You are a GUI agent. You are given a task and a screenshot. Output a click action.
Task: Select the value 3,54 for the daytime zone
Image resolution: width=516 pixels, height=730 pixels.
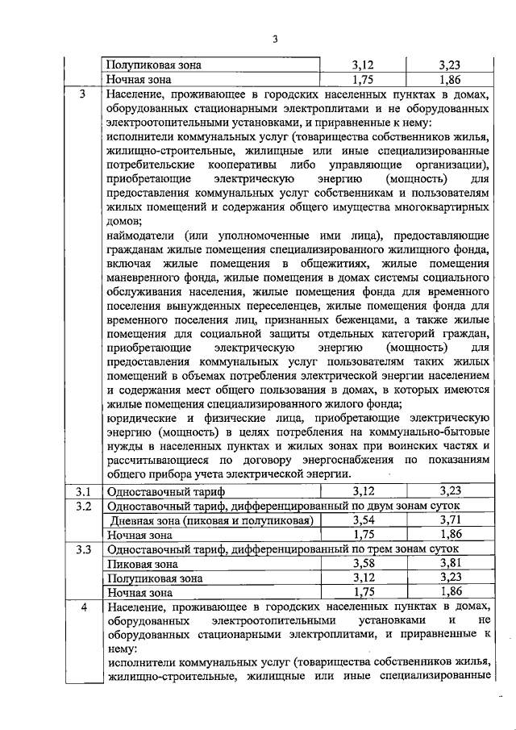coord(364,520)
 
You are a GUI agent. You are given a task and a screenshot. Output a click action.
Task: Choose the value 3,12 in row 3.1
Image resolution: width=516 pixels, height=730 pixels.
coord(364,491)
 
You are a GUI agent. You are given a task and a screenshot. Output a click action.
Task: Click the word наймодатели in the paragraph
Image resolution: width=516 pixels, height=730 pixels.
coord(140,236)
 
